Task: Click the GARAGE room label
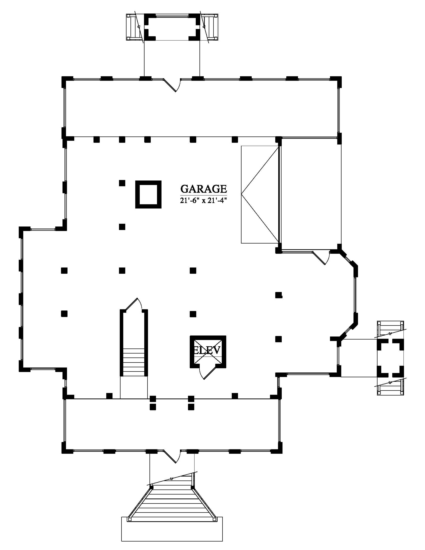coord(204,188)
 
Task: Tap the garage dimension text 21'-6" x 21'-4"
coord(204,200)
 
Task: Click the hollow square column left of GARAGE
coord(148,194)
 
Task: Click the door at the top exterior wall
coord(172,85)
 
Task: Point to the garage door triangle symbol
coord(260,194)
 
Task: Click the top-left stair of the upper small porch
coord(135,27)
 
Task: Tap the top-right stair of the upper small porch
coord(209,27)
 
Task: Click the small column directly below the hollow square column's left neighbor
coord(122,227)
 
